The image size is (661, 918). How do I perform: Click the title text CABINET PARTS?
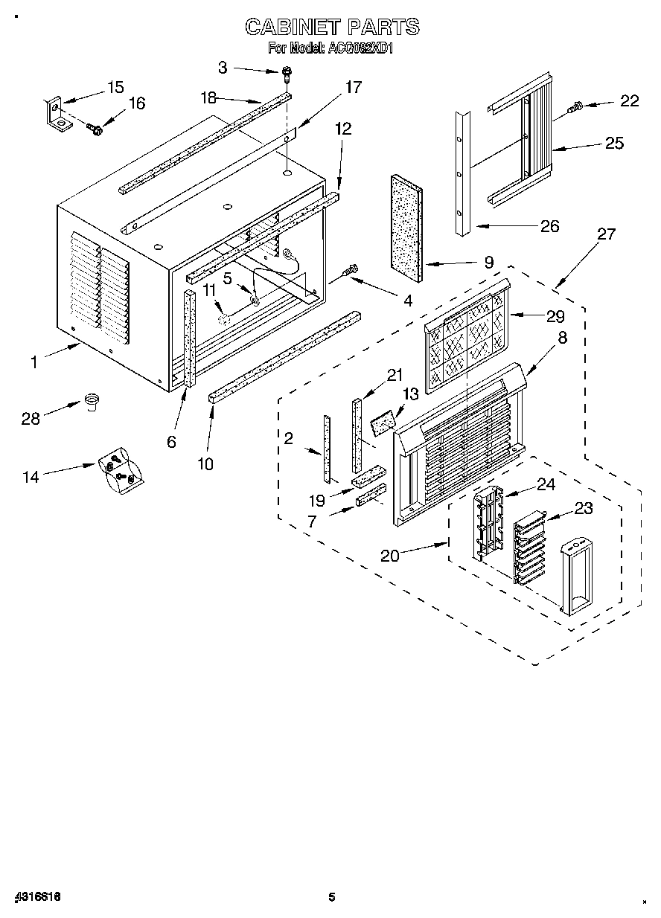click(x=332, y=28)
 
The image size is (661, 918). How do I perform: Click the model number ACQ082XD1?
click(x=360, y=48)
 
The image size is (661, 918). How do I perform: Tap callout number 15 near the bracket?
click(x=115, y=87)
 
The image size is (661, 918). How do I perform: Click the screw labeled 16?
click(x=95, y=129)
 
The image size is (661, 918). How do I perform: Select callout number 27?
click(x=607, y=234)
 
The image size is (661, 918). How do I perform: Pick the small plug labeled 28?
click(x=92, y=402)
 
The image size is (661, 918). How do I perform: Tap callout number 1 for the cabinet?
click(x=33, y=362)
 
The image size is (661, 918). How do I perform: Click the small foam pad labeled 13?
click(x=383, y=424)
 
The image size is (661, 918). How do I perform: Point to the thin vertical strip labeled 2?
click(x=326, y=449)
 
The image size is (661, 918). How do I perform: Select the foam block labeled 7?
click(x=371, y=495)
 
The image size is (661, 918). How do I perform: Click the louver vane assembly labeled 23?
click(x=530, y=549)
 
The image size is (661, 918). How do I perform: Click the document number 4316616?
click(x=36, y=896)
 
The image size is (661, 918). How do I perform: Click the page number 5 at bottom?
click(x=332, y=896)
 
